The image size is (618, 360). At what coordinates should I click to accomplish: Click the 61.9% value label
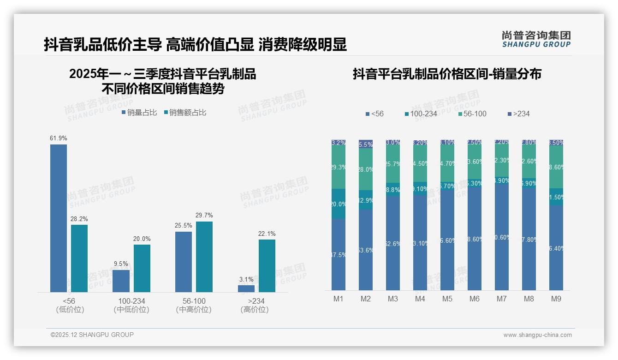59,138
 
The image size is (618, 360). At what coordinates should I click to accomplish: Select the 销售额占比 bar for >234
267,265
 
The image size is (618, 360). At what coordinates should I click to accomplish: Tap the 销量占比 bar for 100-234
121,281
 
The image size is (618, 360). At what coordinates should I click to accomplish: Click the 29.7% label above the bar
204,216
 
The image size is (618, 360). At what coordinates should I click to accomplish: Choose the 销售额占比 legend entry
185,113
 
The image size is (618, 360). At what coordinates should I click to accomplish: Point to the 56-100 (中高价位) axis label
194,305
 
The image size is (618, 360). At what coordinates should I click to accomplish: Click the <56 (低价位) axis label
69,305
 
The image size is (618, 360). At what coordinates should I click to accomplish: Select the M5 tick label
447,299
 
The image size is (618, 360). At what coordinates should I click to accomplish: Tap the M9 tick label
556,299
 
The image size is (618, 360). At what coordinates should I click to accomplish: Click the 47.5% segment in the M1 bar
339,254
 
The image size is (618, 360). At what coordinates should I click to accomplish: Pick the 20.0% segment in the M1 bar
339,204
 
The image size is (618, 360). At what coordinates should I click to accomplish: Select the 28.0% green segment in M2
366,169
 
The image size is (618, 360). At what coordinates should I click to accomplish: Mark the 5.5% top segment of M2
366,144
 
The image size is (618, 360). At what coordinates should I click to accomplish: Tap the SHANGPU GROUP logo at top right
536,39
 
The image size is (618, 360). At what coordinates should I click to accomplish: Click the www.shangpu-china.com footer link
537,335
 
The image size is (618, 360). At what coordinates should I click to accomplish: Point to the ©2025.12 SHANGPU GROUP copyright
92,335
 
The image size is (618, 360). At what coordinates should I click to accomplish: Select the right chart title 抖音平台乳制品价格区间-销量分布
447,74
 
